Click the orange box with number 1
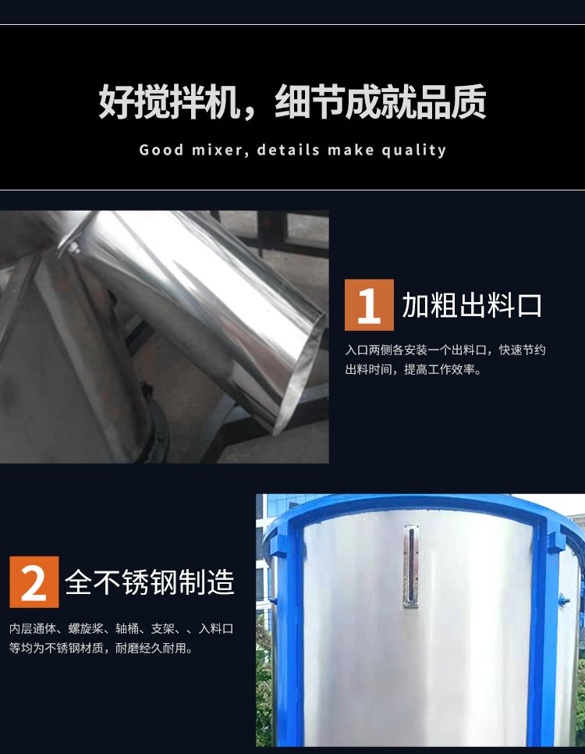(x=369, y=305)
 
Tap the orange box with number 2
(x=34, y=582)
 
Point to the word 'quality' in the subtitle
(x=414, y=151)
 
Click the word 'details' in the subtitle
(x=289, y=150)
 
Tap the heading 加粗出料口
(x=472, y=305)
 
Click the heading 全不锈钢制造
(x=150, y=582)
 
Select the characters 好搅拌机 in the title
(x=169, y=101)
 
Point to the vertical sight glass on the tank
(x=410, y=566)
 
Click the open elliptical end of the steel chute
(x=300, y=373)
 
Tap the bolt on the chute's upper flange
(x=73, y=248)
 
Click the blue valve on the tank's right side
(x=563, y=599)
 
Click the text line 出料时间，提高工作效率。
(x=413, y=369)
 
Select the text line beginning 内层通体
(x=122, y=628)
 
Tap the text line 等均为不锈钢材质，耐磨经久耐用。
(x=101, y=648)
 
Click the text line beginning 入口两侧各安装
(x=445, y=350)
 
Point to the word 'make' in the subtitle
(x=351, y=150)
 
